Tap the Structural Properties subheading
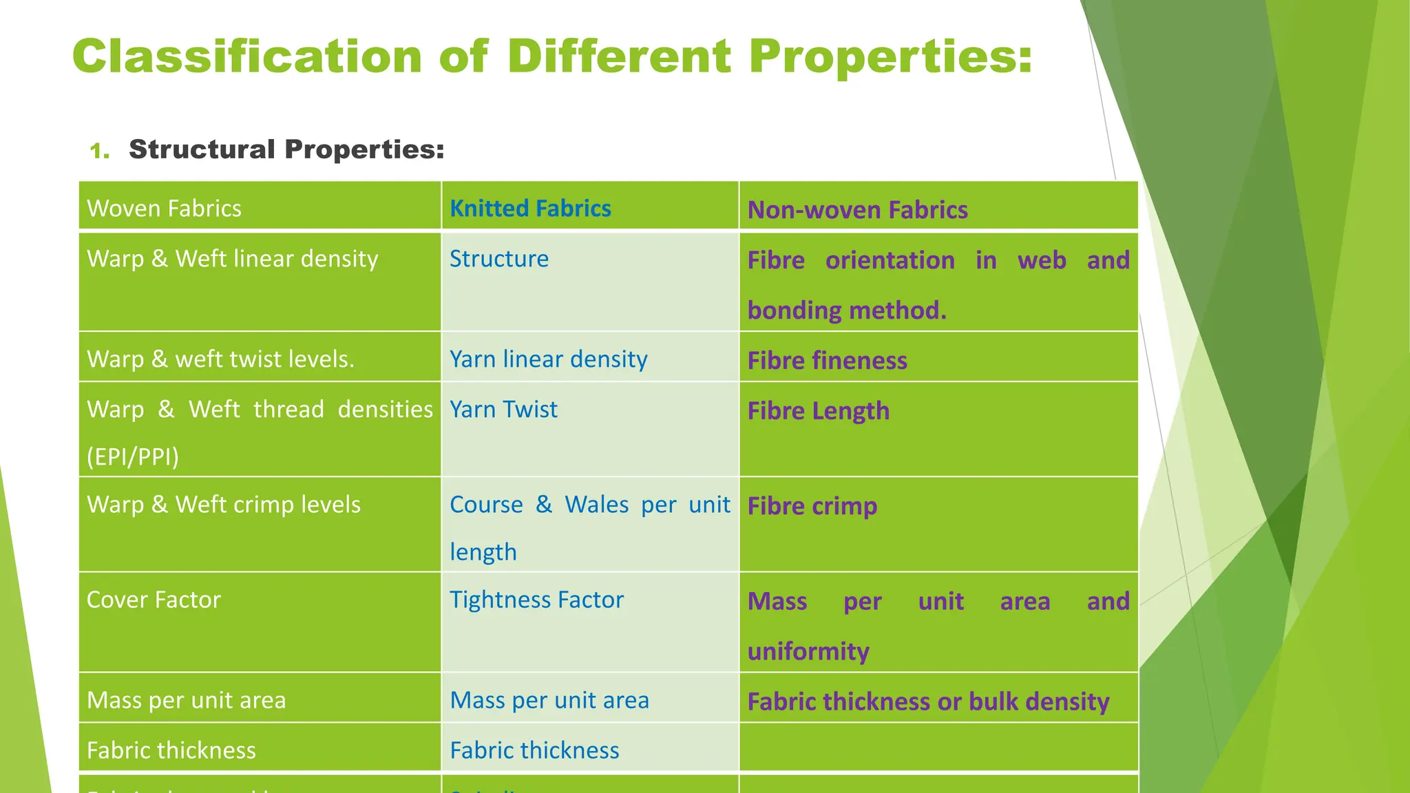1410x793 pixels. click(286, 149)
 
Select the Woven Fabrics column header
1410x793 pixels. click(165, 209)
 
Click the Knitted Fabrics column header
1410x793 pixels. click(530, 209)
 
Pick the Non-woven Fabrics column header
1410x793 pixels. click(857, 210)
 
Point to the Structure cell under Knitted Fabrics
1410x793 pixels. click(499, 259)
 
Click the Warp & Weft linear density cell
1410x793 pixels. click(233, 259)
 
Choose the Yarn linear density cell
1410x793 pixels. click(549, 359)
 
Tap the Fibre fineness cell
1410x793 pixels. click(827, 361)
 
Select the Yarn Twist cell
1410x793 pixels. click(503, 410)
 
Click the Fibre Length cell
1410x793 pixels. click(819, 411)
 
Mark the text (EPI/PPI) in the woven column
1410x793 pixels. click(133, 456)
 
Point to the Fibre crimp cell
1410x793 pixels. click(812, 506)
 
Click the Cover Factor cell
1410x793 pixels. click(154, 600)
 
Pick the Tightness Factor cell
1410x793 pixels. click(536, 600)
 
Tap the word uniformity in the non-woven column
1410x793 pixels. click(808, 651)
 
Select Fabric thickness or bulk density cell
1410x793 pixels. click(928, 701)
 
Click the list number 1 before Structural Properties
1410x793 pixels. click(99, 151)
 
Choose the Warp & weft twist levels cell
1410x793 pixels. click(220, 359)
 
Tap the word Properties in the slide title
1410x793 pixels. click(890, 56)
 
